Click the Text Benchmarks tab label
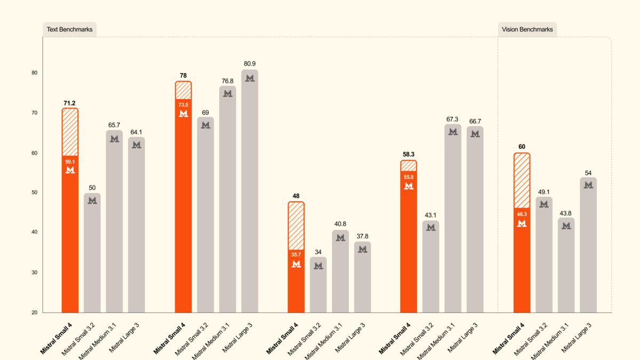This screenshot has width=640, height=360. (x=69, y=29)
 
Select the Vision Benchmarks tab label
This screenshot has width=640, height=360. (x=527, y=29)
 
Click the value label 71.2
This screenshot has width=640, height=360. (x=70, y=103)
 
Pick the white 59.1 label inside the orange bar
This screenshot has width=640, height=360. (x=70, y=162)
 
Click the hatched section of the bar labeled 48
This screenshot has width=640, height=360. (x=296, y=226)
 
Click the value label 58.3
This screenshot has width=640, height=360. (x=409, y=155)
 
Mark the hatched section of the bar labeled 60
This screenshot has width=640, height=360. (x=522, y=180)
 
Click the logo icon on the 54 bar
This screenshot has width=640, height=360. (x=588, y=185)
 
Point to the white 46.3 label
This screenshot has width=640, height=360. (x=522, y=214)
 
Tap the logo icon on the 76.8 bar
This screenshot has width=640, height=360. (x=228, y=93)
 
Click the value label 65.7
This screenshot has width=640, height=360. (x=114, y=125)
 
